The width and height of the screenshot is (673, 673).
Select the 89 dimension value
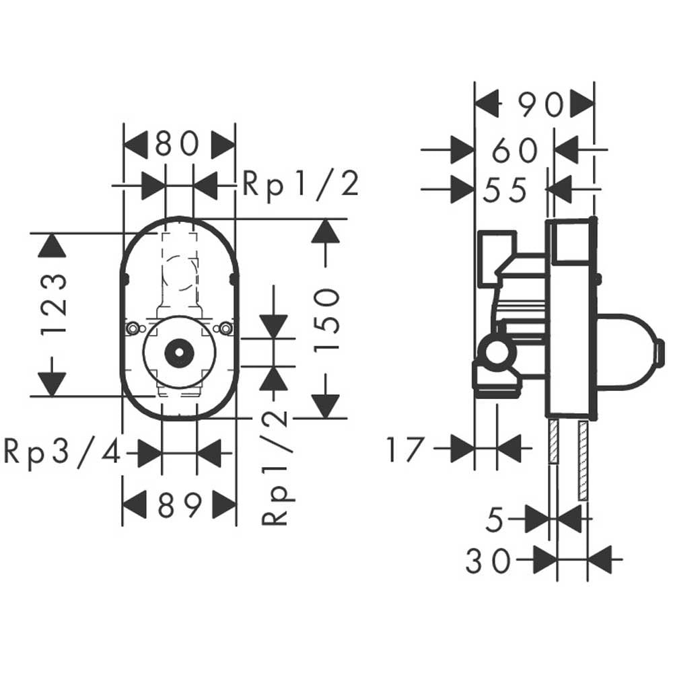pyautogui.click(x=180, y=505)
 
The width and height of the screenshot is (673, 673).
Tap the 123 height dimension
pyautogui.click(x=55, y=304)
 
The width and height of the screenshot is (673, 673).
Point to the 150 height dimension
pyautogui.click(x=326, y=320)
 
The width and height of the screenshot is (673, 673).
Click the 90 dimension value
pyautogui.click(x=540, y=105)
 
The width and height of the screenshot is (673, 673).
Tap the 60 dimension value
pyautogui.click(x=515, y=150)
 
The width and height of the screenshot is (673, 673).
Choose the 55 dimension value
pyautogui.click(x=505, y=190)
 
